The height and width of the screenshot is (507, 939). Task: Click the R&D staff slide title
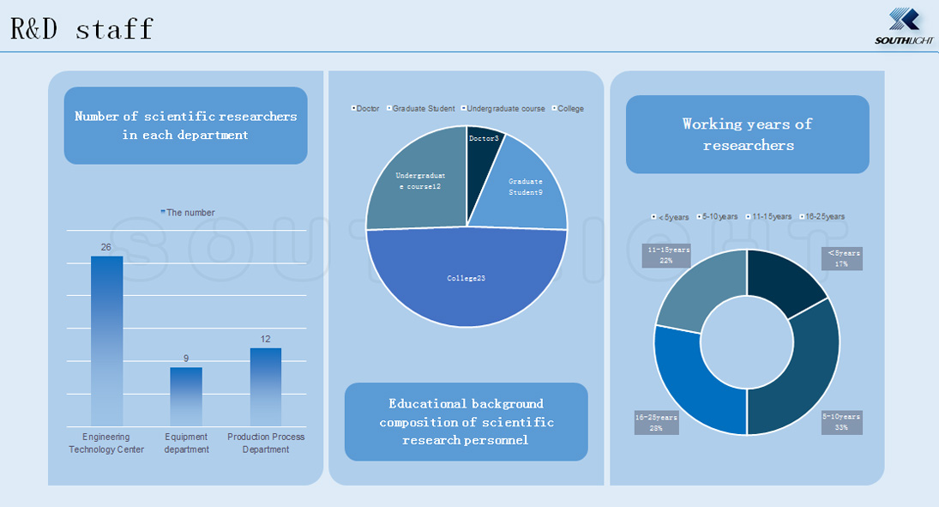click(81, 28)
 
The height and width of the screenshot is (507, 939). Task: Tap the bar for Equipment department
click(186, 396)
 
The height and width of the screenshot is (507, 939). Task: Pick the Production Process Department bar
click(266, 386)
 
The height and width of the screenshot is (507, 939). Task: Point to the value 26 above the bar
click(106, 247)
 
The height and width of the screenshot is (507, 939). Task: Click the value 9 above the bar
click(186, 358)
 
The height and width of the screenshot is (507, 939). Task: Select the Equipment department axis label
click(186, 443)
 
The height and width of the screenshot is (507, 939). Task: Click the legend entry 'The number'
click(188, 213)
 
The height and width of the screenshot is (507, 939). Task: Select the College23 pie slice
click(466, 279)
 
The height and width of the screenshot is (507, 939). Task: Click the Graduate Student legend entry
click(423, 109)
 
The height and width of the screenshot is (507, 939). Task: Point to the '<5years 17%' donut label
click(841, 258)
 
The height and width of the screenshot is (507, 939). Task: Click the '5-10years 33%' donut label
click(841, 421)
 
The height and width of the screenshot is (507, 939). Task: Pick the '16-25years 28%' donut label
click(656, 422)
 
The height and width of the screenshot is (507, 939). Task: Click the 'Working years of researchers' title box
click(747, 135)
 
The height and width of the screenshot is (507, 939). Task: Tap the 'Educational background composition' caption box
click(466, 421)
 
